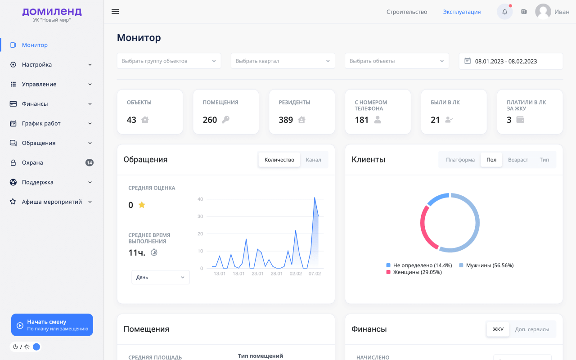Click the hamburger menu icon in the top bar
click(115, 12)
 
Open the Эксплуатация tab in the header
click(462, 12)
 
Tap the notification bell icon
click(504, 12)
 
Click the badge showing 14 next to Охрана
click(89, 162)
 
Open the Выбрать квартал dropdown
click(283, 61)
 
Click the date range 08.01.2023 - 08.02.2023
click(506, 61)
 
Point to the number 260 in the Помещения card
click(210, 120)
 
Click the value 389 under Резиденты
click(286, 120)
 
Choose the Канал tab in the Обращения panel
click(313, 160)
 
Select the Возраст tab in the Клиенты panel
click(518, 160)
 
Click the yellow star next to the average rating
click(142, 205)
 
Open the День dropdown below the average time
click(161, 277)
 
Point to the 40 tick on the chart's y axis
click(200, 199)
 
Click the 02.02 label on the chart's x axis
click(296, 274)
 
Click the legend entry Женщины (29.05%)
click(414, 272)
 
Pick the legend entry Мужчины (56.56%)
click(486, 265)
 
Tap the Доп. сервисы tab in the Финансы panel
click(532, 329)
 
